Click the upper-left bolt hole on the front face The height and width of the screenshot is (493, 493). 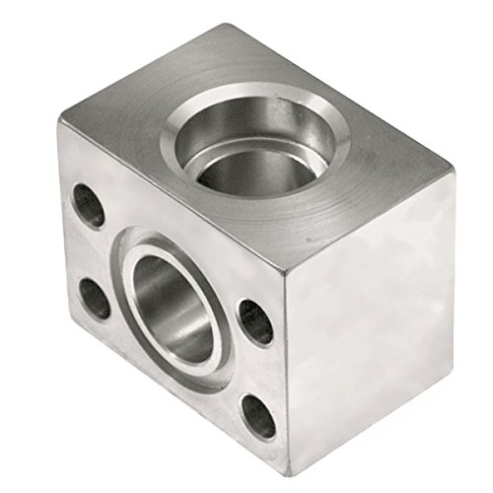89,206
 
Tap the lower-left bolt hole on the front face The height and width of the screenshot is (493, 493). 95,297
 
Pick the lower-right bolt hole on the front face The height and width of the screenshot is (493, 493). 259,415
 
